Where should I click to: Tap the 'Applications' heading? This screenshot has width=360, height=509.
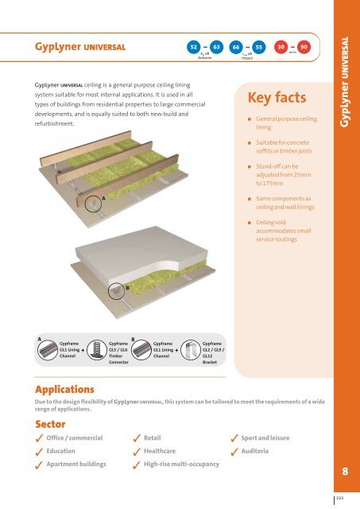[x=63, y=390]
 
